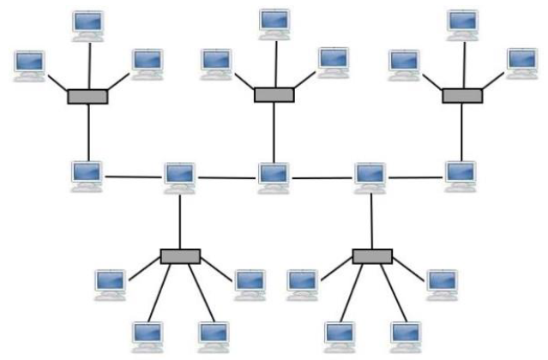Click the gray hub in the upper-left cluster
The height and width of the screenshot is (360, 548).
87,97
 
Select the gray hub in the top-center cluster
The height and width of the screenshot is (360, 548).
274,94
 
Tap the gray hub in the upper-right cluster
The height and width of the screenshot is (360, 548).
462,96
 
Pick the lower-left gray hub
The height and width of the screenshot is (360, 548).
180,256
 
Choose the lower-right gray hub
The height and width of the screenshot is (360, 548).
372,256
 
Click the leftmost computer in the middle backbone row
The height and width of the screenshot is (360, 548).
87,175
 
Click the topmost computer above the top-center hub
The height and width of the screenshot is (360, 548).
275,24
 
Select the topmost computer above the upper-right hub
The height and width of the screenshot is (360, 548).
462,24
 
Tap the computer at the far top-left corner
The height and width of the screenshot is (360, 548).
30,65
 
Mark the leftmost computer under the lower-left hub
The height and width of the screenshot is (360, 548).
111,284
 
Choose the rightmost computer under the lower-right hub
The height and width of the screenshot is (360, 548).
443,284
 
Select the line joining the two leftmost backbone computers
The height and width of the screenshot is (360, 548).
134,177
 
